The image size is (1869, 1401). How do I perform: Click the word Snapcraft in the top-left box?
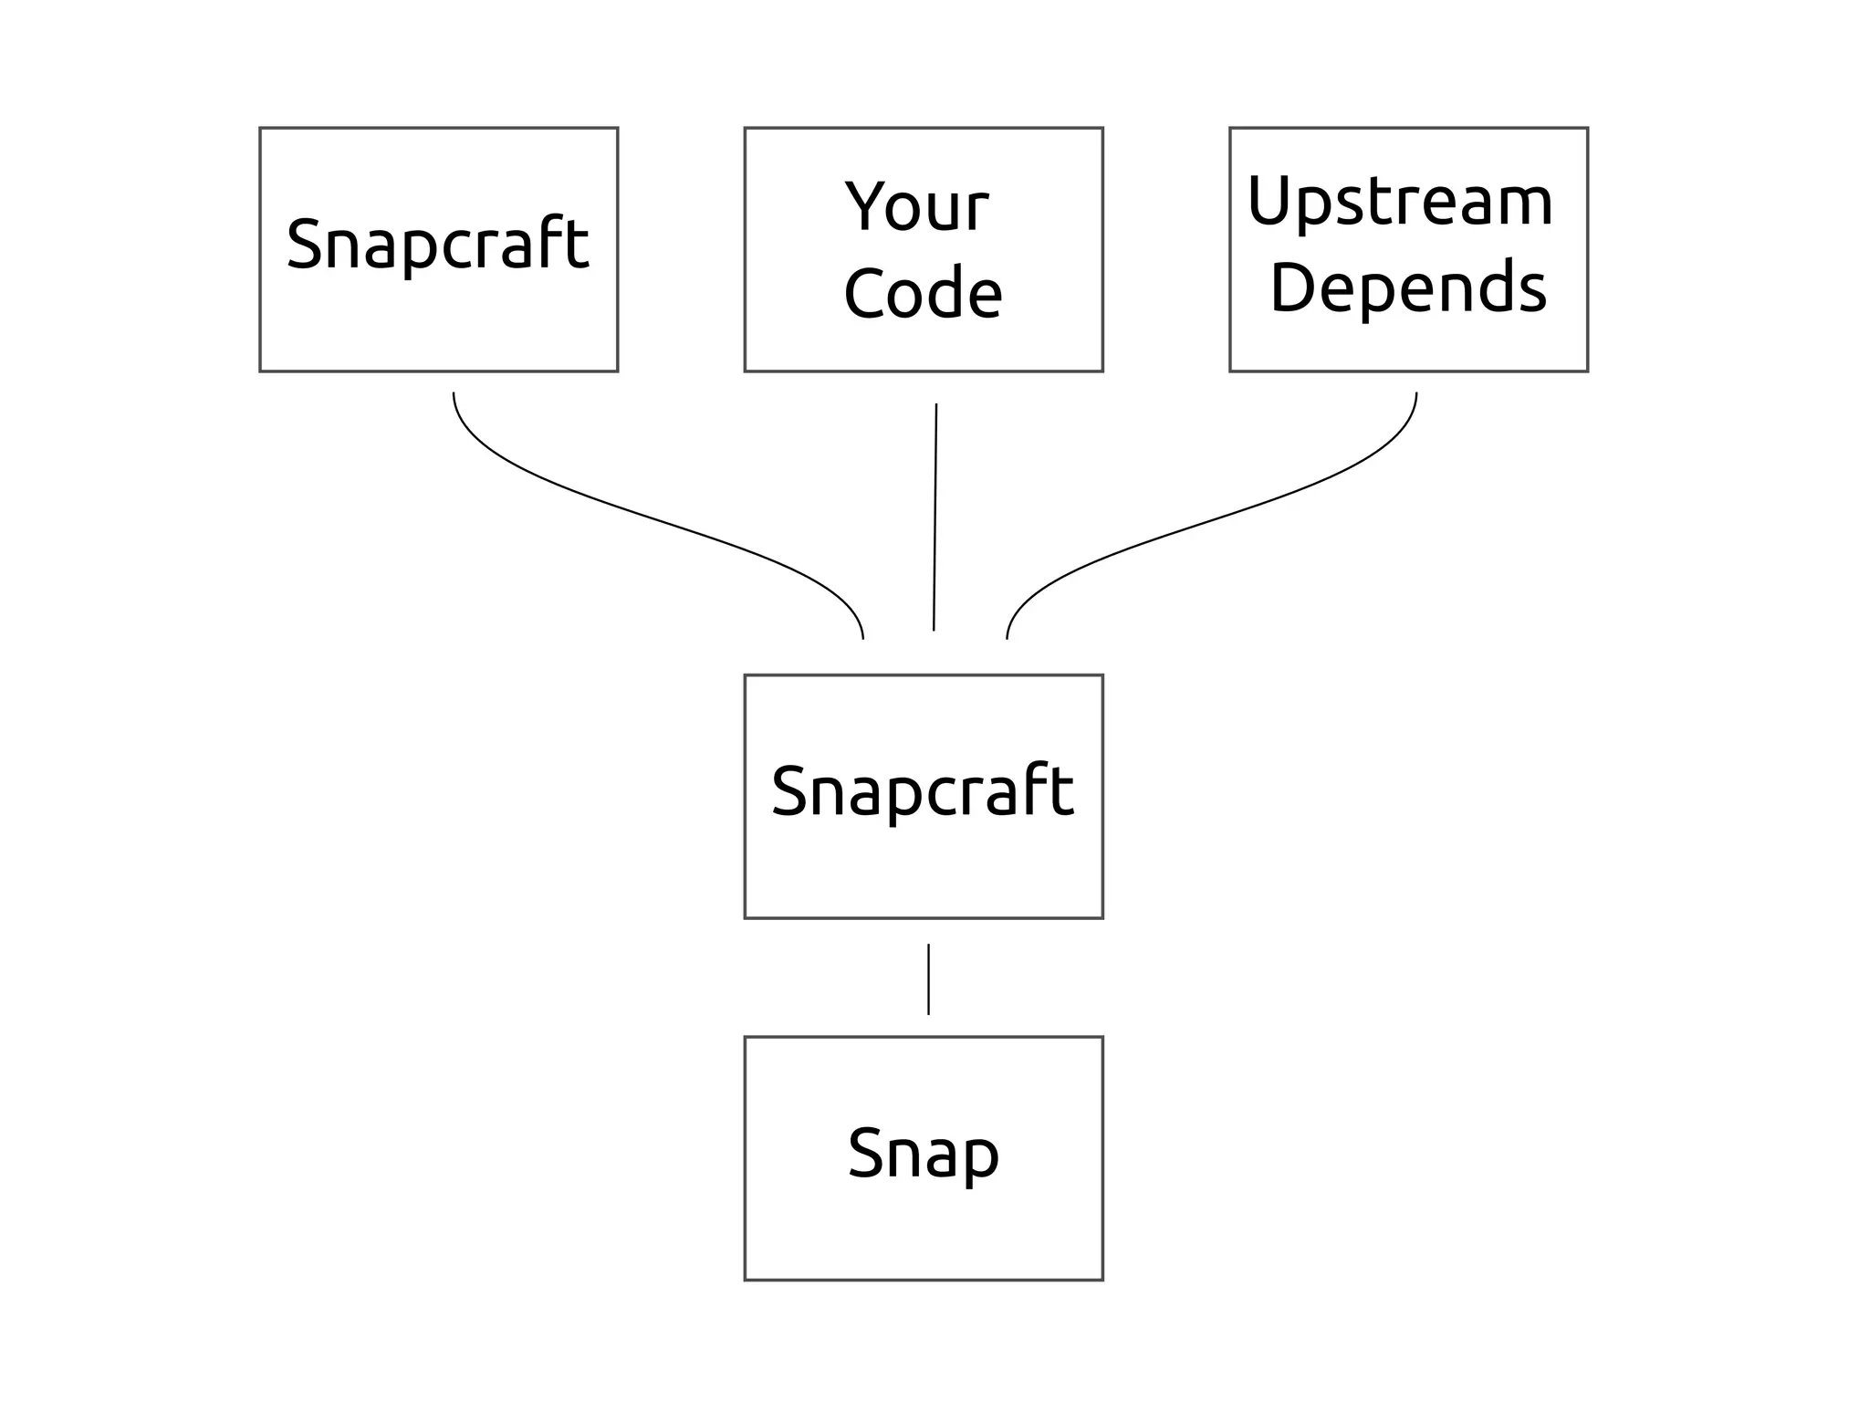pyautogui.click(x=438, y=244)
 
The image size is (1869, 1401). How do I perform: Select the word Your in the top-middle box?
pyautogui.click(x=916, y=207)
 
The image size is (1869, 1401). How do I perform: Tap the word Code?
pyautogui.click(x=923, y=294)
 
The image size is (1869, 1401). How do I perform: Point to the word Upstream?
pyautogui.click(x=1400, y=203)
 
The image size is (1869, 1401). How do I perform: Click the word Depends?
pyautogui.click(x=1408, y=288)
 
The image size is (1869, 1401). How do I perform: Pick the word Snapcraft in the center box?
pyautogui.click(x=923, y=791)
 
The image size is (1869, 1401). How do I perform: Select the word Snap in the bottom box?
pyautogui.click(x=923, y=1155)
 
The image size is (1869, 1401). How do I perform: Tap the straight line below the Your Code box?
pyautogui.click(x=934, y=517)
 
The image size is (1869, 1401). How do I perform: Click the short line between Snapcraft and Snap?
pyautogui.click(x=928, y=978)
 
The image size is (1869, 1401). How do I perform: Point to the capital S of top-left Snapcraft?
pyautogui.click(x=305, y=244)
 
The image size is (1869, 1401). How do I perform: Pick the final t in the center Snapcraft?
pyautogui.click(x=1061, y=789)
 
